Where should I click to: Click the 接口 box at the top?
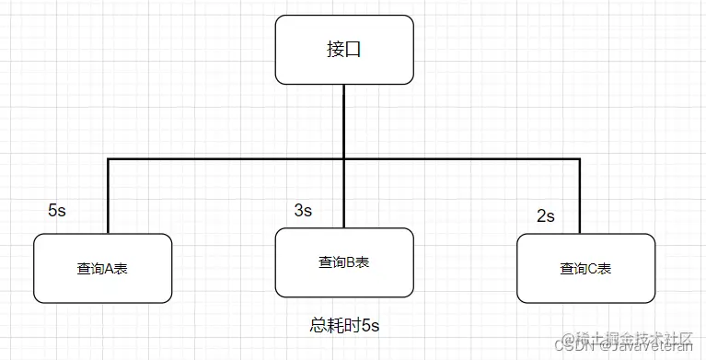click(343, 49)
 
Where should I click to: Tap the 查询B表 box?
click(343, 262)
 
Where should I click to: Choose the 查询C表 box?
click(585, 269)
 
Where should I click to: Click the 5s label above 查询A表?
click(57, 210)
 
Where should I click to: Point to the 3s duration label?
click(303, 211)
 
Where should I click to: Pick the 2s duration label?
click(545, 216)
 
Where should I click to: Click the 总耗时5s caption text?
click(344, 325)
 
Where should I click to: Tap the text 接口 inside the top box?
click(343, 50)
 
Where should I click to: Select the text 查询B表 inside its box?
click(343, 262)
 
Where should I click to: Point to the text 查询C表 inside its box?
click(585, 270)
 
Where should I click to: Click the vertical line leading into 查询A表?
click(108, 197)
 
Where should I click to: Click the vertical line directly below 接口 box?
click(343, 120)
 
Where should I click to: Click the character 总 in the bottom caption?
click(318, 325)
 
